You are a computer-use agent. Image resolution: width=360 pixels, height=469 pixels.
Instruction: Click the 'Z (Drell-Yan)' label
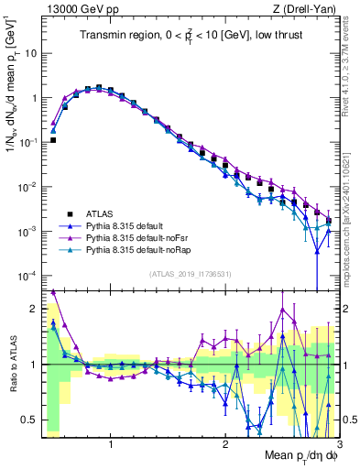[x=307, y=10]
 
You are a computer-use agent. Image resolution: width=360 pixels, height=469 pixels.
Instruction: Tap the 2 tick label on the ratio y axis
[x=33, y=309]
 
